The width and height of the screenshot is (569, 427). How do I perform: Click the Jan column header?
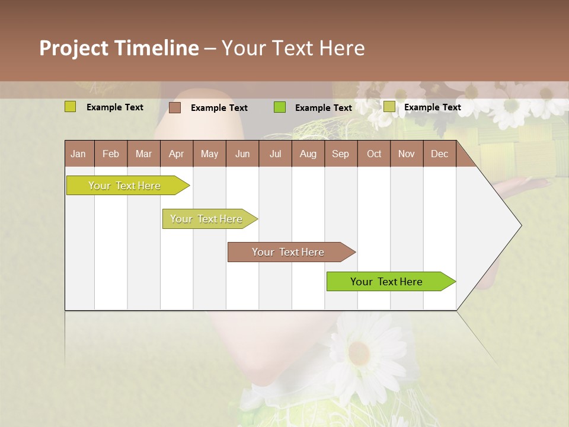click(x=79, y=154)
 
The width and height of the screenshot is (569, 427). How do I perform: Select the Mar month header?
click(x=143, y=154)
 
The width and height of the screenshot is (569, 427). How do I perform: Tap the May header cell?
click(x=209, y=154)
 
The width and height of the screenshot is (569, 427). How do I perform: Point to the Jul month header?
click(x=275, y=154)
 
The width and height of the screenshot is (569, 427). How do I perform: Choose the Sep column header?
click(x=340, y=154)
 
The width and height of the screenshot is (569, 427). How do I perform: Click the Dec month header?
click(x=439, y=154)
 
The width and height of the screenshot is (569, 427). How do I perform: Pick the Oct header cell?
click(x=373, y=154)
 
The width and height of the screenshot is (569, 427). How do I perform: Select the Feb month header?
click(x=111, y=154)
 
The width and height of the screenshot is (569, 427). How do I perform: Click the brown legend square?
click(x=175, y=107)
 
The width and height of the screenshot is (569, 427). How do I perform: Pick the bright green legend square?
click(x=280, y=107)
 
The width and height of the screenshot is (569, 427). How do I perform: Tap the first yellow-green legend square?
click(x=71, y=107)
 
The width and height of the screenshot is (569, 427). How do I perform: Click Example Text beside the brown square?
click(x=219, y=108)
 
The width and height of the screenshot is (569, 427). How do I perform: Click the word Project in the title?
click(x=75, y=48)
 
